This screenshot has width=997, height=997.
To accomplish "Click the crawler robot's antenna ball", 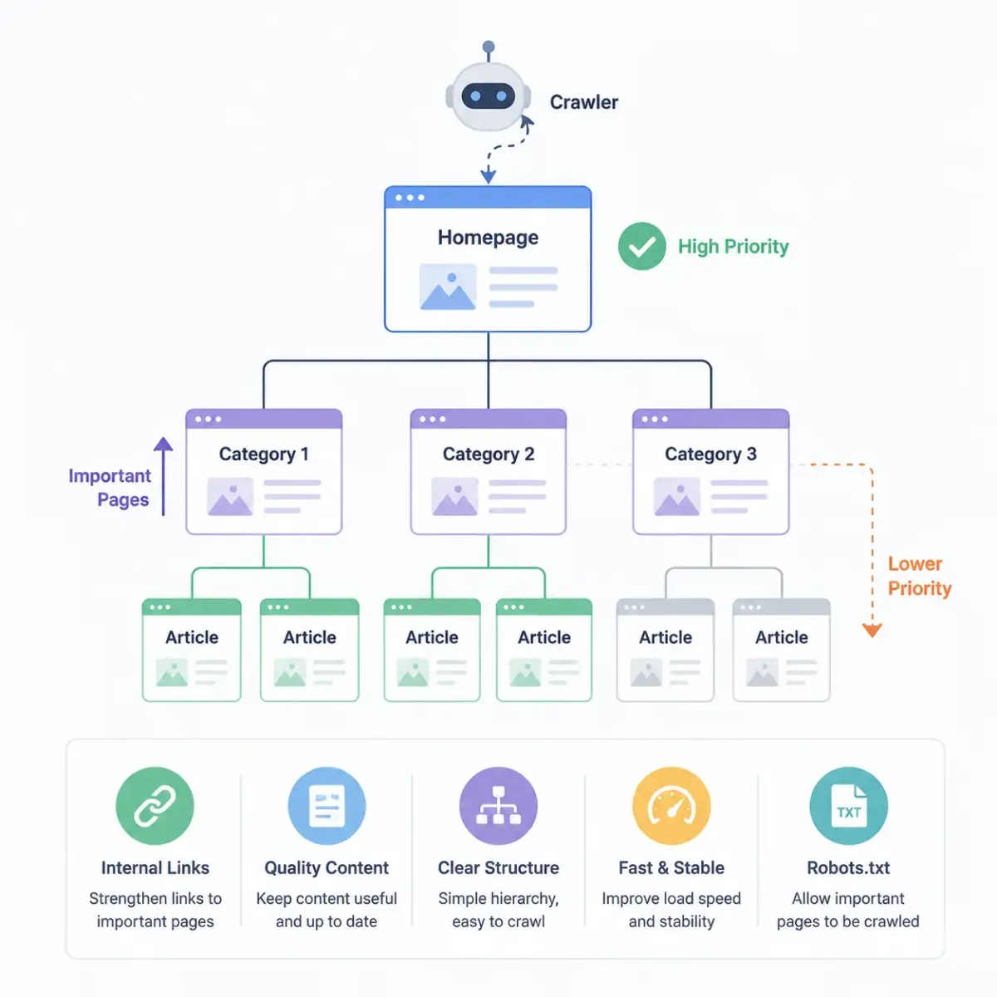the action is tap(488, 47).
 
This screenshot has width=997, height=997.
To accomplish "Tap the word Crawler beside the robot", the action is tap(583, 102).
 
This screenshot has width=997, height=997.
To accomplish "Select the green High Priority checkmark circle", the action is tap(641, 246).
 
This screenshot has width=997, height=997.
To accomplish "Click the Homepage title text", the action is tap(488, 238).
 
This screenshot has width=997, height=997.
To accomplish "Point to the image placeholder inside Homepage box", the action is tap(448, 287).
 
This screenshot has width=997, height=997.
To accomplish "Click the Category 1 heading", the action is tap(263, 454).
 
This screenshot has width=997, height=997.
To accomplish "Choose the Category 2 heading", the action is tap(488, 454).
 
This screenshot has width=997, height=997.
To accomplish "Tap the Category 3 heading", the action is tap(710, 454).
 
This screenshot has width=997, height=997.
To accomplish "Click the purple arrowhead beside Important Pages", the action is tap(163, 444).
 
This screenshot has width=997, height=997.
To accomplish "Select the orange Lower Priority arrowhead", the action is tap(872, 631).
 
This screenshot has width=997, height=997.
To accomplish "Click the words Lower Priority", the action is tap(920, 576).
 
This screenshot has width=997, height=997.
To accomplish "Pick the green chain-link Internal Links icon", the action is tap(155, 806).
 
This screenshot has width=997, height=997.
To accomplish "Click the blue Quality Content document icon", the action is tap(327, 806).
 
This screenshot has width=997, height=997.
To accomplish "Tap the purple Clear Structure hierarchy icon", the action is tap(498, 806).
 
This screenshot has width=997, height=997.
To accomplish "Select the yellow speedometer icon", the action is tap(671, 806).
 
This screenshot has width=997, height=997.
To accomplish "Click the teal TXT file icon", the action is tap(848, 806).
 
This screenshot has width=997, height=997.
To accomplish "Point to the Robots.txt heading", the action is tap(848, 867).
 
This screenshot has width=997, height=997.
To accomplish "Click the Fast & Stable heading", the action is tap(671, 867).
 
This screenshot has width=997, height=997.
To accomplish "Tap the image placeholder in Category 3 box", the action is tap(677, 497).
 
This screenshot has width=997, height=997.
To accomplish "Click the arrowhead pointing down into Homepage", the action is tap(488, 176).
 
